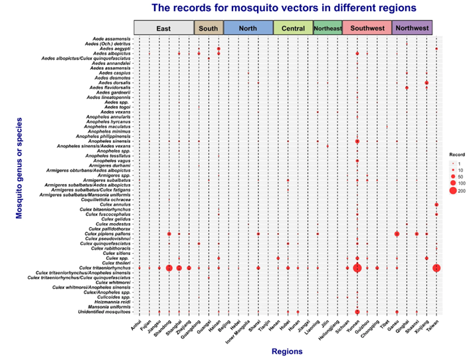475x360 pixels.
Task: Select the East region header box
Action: [163, 28]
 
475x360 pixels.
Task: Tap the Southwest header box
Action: [367, 28]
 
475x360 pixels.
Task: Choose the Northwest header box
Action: [412, 28]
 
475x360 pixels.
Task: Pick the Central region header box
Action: [293, 28]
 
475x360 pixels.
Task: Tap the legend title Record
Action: [452, 154]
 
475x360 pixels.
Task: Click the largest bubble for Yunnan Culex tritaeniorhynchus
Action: [357, 268]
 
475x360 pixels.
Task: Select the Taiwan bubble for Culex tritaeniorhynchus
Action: [436, 268]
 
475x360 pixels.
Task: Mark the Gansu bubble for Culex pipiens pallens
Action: [397, 234]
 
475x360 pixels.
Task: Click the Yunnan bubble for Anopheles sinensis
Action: [357, 141]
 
